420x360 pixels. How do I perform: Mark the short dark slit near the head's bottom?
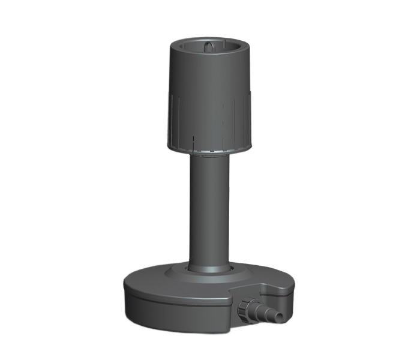[194, 141]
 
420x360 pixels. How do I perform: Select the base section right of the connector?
[282, 294]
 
